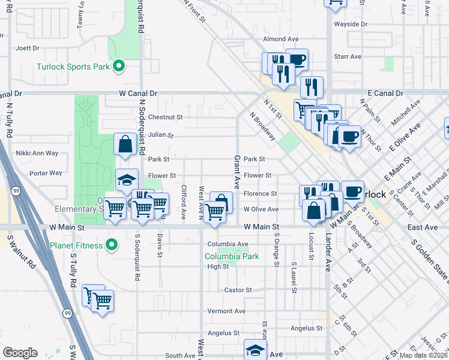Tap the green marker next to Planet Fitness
(x=111, y=245)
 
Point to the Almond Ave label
(x=280, y=39)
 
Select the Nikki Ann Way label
(x=37, y=154)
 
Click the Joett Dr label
(x=28, y=48)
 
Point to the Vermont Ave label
(x=227, y=311)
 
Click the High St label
(x=218, y=267)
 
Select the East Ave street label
(x=423, y=228)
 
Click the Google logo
(x=20, y=353)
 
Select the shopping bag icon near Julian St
(x=125, y=145)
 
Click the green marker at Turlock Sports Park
(x=119, y=66)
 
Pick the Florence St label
(x=261, y=194)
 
